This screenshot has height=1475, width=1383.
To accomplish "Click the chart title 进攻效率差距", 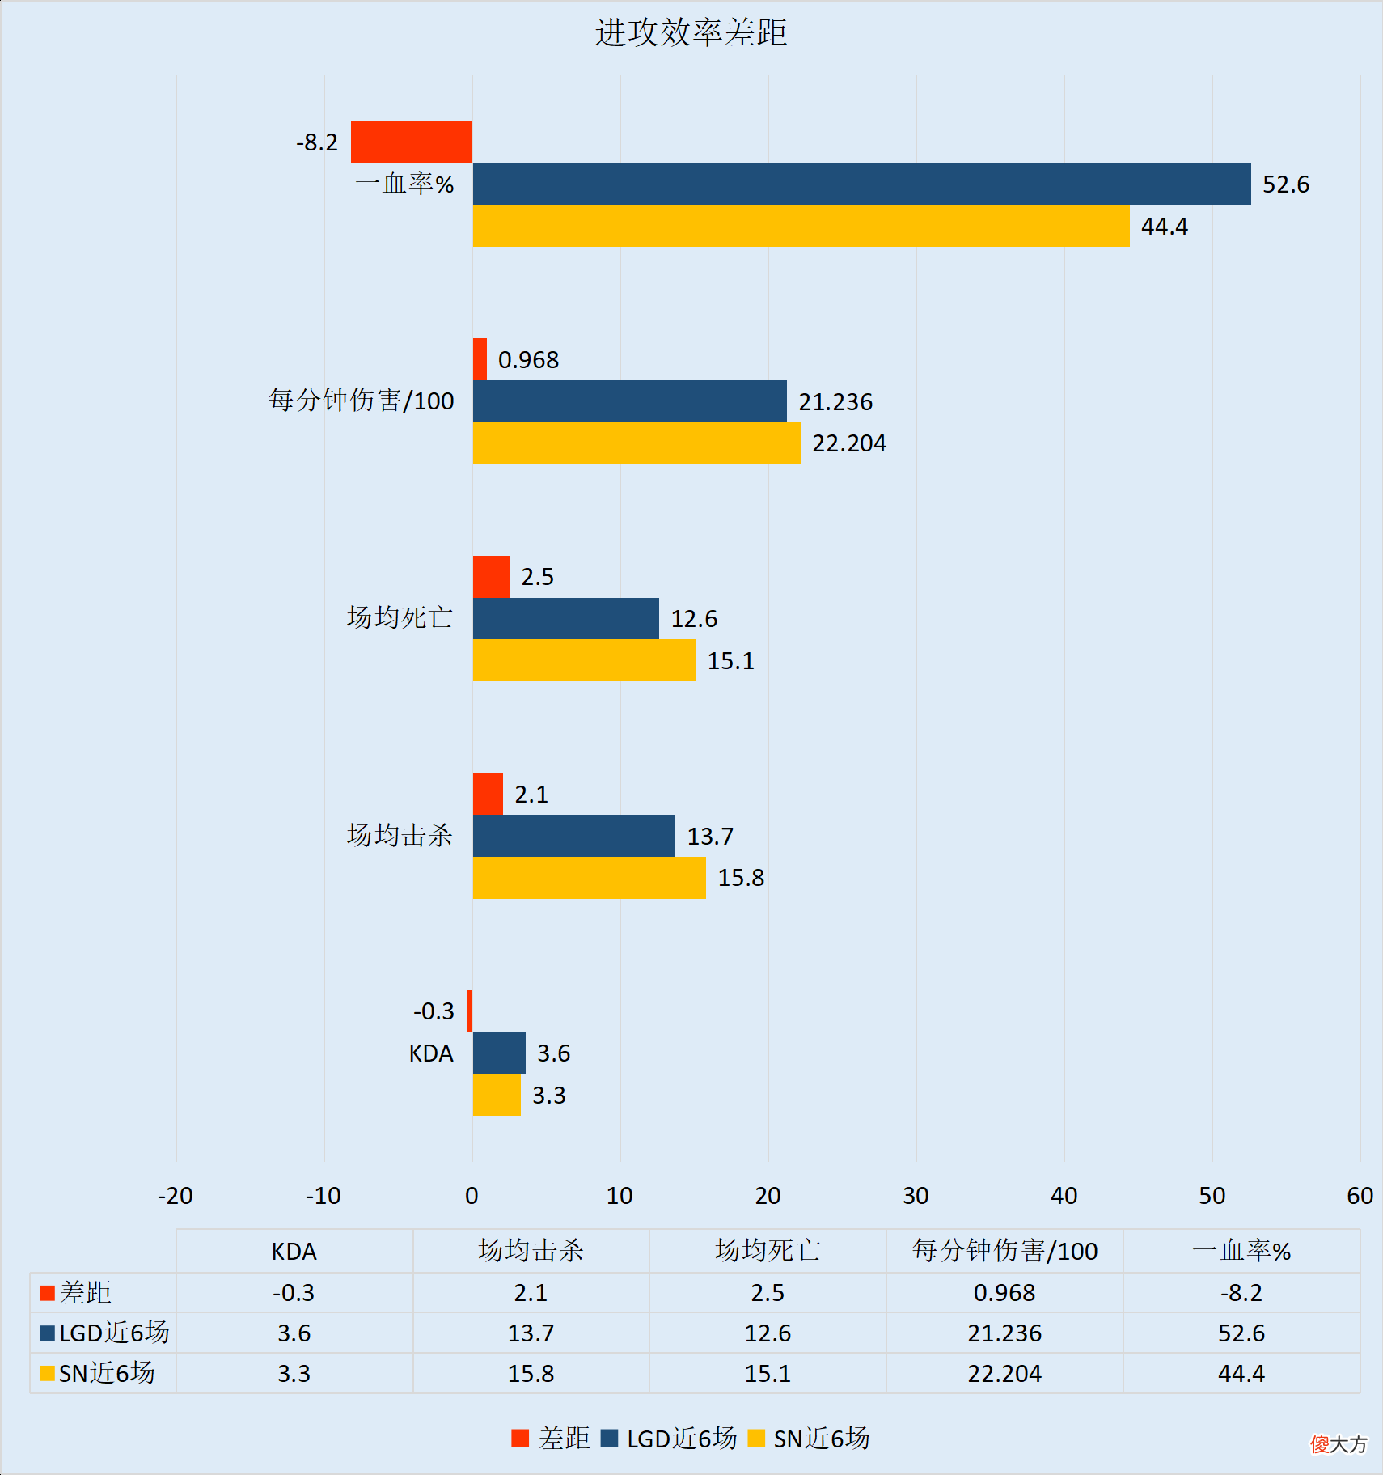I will click(x=691, y=33).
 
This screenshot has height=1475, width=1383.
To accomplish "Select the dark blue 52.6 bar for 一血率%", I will click(x=861, y=184).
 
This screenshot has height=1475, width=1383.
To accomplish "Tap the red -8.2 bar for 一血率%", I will click(x=411, y=142).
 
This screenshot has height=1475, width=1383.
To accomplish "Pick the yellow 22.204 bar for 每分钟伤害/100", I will click(x=637, y=443).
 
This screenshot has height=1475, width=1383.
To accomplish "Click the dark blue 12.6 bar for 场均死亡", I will click(x=565, y=619).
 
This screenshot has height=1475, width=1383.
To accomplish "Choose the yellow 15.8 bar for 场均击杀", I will click(x=589, y=878).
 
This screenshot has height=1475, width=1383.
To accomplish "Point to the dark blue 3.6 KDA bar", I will click(x=499, y=1053).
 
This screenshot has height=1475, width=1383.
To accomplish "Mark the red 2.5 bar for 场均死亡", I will click(x=491, y=577).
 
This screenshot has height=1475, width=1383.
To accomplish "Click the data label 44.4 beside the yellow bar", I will click(x=1164, y=227).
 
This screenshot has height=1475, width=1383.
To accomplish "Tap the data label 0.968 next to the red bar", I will click(x=528, y=360).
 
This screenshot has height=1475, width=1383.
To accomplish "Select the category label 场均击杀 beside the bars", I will click(x=400, y=835).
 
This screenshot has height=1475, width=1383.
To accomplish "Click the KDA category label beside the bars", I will click(x=431, y=1053).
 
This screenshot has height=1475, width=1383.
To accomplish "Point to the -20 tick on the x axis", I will click(x=176, y=1196).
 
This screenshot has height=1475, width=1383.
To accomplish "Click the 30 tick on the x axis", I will click(x=916, y=1196).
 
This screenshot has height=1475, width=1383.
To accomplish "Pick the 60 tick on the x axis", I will click(x=1360, y=1196).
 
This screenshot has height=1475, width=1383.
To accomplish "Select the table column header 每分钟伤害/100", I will click(x=1004, y=1251).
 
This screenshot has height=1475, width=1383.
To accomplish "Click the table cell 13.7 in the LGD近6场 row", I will click(x=531, y=1333).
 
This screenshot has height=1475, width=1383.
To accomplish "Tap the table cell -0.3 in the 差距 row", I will click(x=294, y=1292).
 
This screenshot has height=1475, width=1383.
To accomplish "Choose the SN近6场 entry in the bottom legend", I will click(x=810, y=1439).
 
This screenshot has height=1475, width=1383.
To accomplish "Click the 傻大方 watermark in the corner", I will click(x=1339, y=1444).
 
